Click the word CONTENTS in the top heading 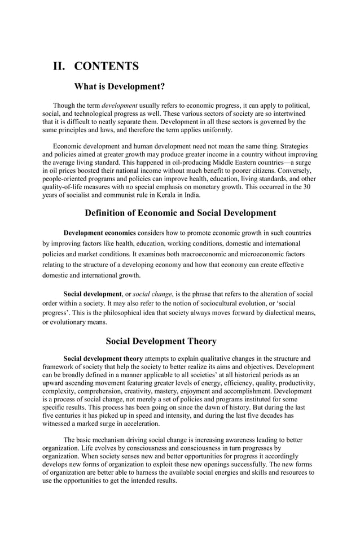[107, 66]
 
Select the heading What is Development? [120, 86]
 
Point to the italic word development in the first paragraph [119, 106]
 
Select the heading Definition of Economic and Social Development [180, 213]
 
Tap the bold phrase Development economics [99, 233]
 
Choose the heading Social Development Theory [161, 341]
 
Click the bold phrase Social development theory [103, 358]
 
